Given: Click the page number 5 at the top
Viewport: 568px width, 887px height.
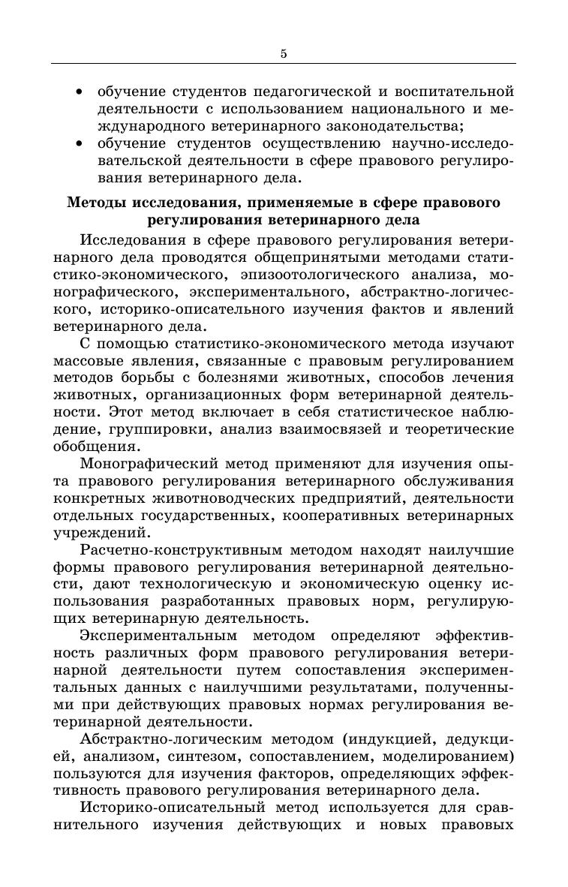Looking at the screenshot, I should tap(284, 53).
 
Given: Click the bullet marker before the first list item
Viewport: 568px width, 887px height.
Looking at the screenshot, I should tap(80, 92).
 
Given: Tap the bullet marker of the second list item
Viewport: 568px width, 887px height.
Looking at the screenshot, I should tap(80, 143).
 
